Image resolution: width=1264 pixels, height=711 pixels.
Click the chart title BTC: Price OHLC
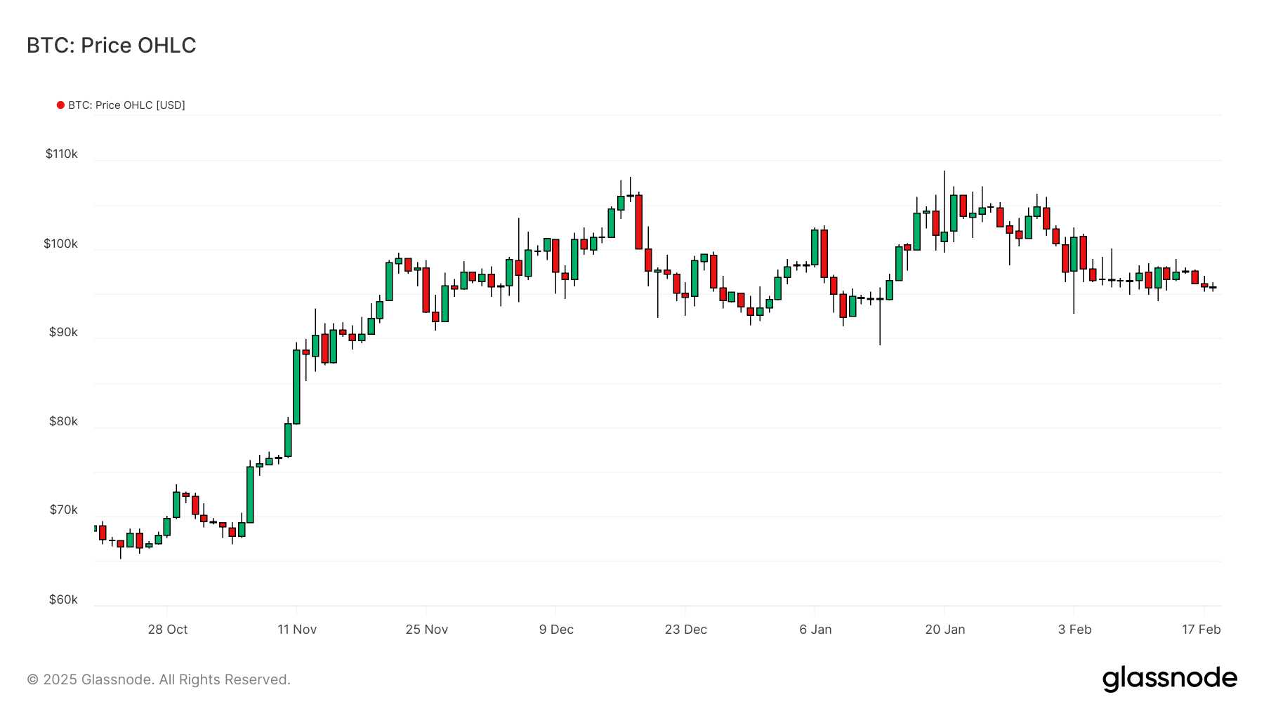click(x=111, y=46)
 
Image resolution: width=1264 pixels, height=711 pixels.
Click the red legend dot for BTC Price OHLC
click(x=60, y=105)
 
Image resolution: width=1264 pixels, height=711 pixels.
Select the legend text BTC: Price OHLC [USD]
click(x=126, y=105)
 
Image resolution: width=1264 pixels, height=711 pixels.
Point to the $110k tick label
click(x=62, y=154)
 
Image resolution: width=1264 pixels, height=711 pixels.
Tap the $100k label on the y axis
click(x=61, y=244)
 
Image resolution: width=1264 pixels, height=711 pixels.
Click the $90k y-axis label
click(x=63, y=332)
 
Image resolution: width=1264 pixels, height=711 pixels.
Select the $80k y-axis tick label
click(x=63, y=421)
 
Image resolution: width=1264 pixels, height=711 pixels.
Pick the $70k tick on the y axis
click(x=63, y=510)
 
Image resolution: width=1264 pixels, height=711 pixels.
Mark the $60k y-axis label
click(x=63, y=599)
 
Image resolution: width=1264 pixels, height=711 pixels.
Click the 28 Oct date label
click(x=168, y=630)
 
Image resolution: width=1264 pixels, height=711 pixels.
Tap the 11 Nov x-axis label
click(x=297, y=630)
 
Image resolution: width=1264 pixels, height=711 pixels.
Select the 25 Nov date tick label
click(x=426, y=630)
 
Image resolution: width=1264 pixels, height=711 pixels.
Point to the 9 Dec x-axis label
click(x=556, y=630)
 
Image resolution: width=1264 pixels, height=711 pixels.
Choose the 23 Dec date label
click(x=685, y=630)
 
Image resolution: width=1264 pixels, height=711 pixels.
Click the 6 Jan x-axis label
click(x=815, y=630)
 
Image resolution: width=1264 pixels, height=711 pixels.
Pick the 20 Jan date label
click(x=944, y=630)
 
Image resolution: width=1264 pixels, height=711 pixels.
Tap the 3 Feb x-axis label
click(x=1074, y=630)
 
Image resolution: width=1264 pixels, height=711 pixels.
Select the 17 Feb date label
click(x=1201, y=630)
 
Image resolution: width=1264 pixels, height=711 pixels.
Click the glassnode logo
click(x=1169, y=679)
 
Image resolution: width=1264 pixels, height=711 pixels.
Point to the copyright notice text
click(x=159, y=679)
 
